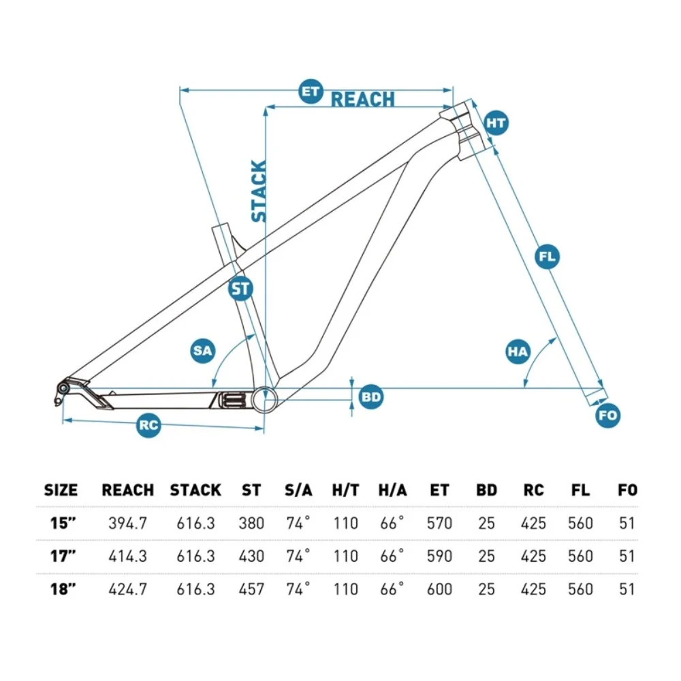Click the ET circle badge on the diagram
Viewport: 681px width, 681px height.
pos(311,91)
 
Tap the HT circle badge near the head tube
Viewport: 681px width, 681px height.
pos(496,123)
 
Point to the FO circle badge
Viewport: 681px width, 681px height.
pos(608,415)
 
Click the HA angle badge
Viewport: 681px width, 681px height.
pos(518,351)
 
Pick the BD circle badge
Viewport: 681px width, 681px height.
pos(370,396)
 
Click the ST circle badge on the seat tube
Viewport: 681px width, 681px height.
pos(240,289)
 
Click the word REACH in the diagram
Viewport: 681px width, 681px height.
pos(362,99)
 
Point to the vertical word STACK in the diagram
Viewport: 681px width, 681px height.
pos(259,191)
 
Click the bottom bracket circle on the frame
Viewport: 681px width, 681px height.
pos(265,398)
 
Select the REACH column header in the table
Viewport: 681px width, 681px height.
pos(127,490)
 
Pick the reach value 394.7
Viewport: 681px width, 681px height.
pos(127,524)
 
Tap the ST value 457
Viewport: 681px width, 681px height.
pos(251,589)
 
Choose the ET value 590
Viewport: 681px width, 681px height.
pos(439,556)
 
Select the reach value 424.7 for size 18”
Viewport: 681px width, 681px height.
pos(127,589)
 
